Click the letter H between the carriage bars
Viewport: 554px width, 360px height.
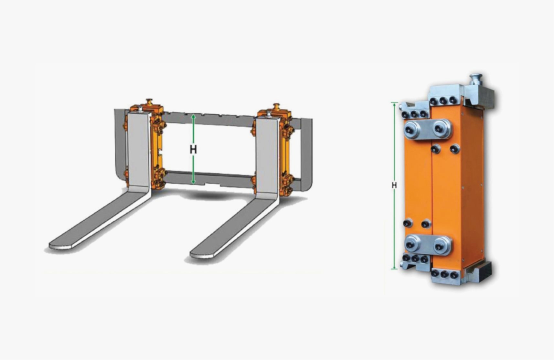pyautogui.click(x=193, y=149)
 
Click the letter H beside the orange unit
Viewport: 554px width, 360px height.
pyautogui.click(x=394, y=185)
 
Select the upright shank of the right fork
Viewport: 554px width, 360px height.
pyautogui.click(x=267, y=158)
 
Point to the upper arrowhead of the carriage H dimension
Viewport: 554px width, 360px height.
pyautogui.click(x=193, y=115)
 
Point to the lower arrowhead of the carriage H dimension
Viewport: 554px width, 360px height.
pyautogui.click(x=193, y=182)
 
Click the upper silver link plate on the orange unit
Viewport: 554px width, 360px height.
pyautogui.click(x=428, y=129)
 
